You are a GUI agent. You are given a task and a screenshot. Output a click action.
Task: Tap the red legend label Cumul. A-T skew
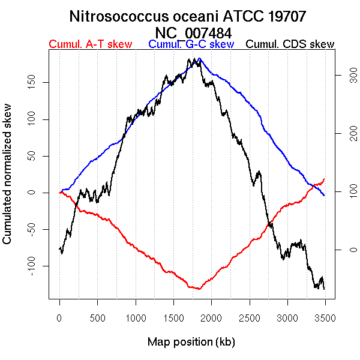click(x=90, y=44)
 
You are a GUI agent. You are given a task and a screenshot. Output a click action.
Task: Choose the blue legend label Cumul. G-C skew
click(x=191, y=44)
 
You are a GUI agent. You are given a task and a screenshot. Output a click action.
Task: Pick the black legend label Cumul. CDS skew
click(x=290, y=44)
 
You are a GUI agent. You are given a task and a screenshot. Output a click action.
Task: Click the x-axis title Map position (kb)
click(x=191, y=342)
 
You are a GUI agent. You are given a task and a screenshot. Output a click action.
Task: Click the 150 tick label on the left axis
click(x=38, y=82)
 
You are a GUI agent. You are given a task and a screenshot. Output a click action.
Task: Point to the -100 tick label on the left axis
click(x=38, y=265)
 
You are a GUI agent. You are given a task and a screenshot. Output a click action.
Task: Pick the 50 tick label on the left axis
click(x=38, y=155)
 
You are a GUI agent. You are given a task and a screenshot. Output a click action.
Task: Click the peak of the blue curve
click(x=200, y=59)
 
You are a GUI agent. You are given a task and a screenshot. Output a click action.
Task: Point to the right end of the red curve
click(x=325, y=178)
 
